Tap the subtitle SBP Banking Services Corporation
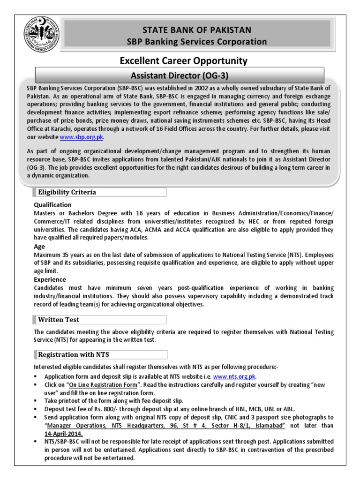coord(197,42)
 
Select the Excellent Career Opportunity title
coord(184,61)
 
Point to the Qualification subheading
coord(53,205)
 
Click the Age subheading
coord(39,246)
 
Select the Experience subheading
coord(50,279)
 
